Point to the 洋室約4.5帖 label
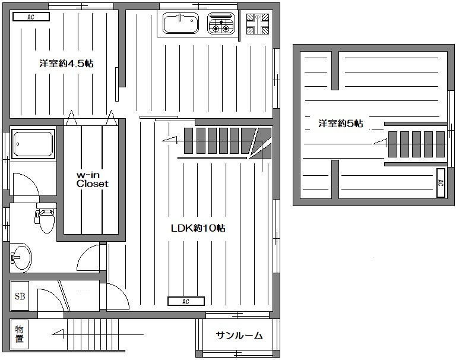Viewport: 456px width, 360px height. [x=66, y=64]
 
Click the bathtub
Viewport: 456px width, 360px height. [x=33, y=144]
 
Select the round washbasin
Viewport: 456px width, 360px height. [x=21, y=257]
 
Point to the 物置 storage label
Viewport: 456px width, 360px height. [x=20, y=334]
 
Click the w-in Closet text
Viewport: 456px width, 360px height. [x=92, y=179]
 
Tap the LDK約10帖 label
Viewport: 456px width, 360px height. [x=198, y=228]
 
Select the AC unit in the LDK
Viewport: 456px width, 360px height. [x=185, y=301]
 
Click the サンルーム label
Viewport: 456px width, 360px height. [x=239, y=335]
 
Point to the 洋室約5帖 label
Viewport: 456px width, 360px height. [x=341, y=124]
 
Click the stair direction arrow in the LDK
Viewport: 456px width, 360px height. [x=170, y=140]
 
